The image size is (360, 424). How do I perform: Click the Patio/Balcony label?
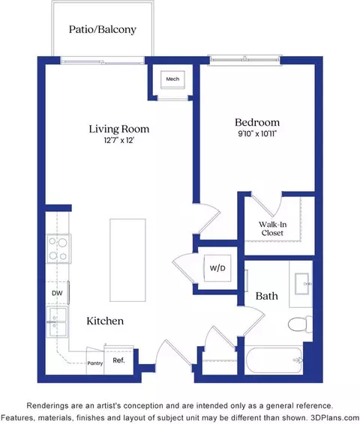point(103,29)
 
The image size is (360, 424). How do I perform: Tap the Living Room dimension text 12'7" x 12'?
point(119,140)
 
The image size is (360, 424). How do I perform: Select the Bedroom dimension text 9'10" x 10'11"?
point(256,133)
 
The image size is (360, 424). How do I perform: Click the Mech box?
point(172,79)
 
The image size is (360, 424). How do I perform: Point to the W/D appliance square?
point(217,268)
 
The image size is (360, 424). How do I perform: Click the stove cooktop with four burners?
point(58,249)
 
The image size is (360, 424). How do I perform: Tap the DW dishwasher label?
point(57,293)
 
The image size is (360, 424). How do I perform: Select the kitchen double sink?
point(57,322)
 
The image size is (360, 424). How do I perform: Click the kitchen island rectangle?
point(127,260)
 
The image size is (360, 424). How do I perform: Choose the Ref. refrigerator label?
point(118,360)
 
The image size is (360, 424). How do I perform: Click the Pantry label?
point(95,363)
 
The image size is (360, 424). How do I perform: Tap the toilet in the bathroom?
point(300,324)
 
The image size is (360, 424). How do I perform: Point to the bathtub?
point(274,360)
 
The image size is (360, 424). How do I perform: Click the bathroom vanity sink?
point(302,284)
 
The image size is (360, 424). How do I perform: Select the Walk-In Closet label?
point(272,228)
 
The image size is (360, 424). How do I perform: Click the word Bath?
point(266,296)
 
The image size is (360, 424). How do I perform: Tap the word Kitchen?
point(105,321)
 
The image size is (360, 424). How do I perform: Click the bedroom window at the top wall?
point(245,60)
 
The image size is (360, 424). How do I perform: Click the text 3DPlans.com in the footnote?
point(335,417)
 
